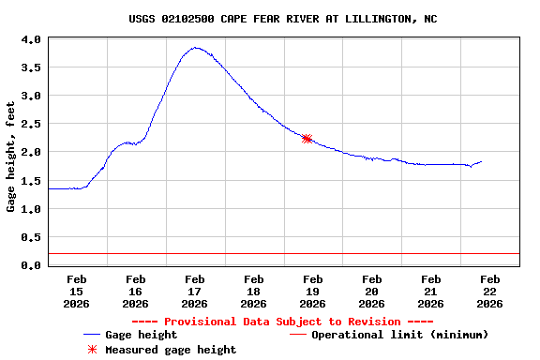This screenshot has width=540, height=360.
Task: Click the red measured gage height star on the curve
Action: (307, 139)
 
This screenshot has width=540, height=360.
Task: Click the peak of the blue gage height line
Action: (195, 48)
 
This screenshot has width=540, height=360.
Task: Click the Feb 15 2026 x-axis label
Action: (77, 292)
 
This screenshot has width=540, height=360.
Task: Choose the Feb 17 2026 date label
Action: (195, 292)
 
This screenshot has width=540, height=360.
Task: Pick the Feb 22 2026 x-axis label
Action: (489, 292)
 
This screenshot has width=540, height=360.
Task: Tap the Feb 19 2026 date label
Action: (313, 292)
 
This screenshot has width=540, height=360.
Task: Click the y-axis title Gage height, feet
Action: (11, 152)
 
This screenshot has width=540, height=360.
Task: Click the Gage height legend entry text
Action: (141, 335)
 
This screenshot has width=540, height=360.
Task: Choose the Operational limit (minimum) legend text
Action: (399, 335)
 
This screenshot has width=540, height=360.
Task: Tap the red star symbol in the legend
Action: (92, 350)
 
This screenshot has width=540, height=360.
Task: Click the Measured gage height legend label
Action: (171, 350)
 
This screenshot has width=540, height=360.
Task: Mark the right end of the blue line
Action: (481, 161)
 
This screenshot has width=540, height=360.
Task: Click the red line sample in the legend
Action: (298, 335)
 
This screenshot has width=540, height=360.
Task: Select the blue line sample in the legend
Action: (92, 335)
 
